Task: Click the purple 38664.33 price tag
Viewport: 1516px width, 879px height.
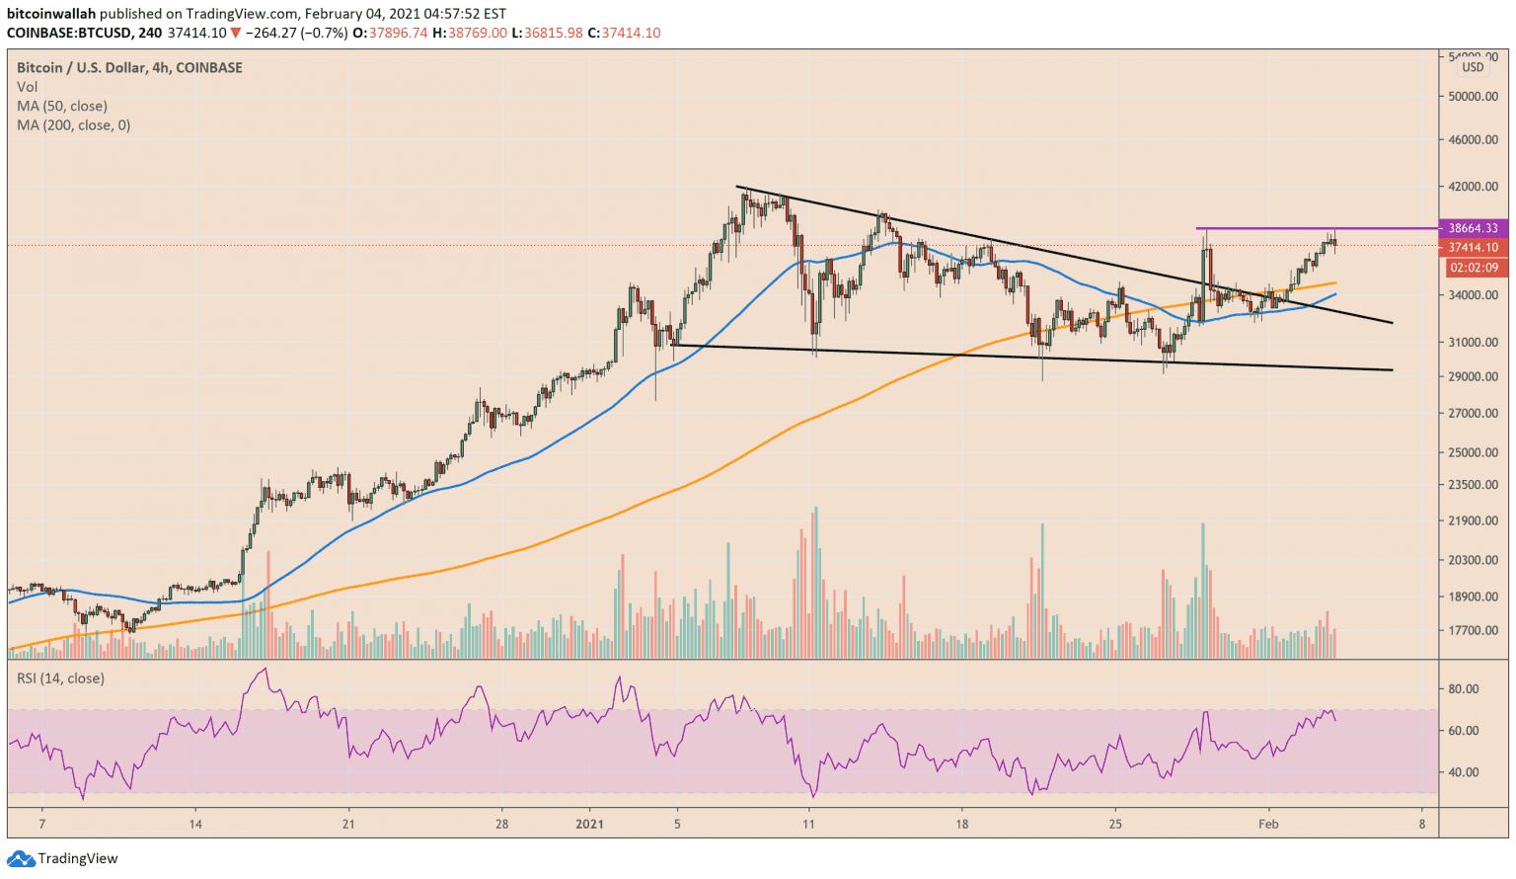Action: (1473, 228)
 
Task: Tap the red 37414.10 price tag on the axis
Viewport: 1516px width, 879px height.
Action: (1473, 248)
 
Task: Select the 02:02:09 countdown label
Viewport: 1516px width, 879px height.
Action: (1474, 268)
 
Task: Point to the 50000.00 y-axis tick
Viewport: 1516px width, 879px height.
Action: (1473, 97)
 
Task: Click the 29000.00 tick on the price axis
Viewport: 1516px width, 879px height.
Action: (1473, 376)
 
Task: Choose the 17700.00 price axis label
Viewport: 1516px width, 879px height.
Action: (1473, 630)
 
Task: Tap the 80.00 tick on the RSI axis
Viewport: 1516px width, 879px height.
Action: (1463, 689)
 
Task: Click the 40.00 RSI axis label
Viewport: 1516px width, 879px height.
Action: (1463, 772)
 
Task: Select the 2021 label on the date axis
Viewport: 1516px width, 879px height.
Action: (589, 824)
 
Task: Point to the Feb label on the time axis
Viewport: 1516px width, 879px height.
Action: (1268, 824)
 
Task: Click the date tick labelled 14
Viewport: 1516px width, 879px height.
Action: (195, 824)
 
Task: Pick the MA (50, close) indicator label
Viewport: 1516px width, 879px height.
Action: (62, 106)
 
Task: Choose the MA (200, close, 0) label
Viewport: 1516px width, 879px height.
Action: (73, 125)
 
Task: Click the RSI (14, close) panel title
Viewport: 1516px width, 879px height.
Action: (60, 679)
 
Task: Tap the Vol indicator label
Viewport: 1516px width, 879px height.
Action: (27, 87)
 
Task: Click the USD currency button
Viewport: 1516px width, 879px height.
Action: (1473, 67)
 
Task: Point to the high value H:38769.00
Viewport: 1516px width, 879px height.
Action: (477, 33)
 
